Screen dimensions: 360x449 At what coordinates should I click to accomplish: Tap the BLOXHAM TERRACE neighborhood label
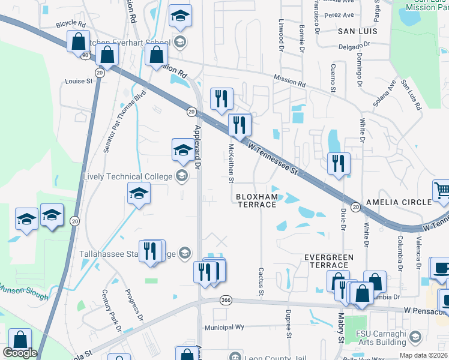tap(256, 200)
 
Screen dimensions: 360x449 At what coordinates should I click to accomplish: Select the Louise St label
tap(79, 80)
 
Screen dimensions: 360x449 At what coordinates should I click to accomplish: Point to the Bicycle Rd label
tap(71, 23)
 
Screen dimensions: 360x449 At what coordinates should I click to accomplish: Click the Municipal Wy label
tap(224, 327)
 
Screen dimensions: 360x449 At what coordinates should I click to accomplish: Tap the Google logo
tap(20, 353)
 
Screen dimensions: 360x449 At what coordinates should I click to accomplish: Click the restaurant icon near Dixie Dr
tap(339, 164)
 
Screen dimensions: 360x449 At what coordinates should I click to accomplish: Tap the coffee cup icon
tap(441, 268)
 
